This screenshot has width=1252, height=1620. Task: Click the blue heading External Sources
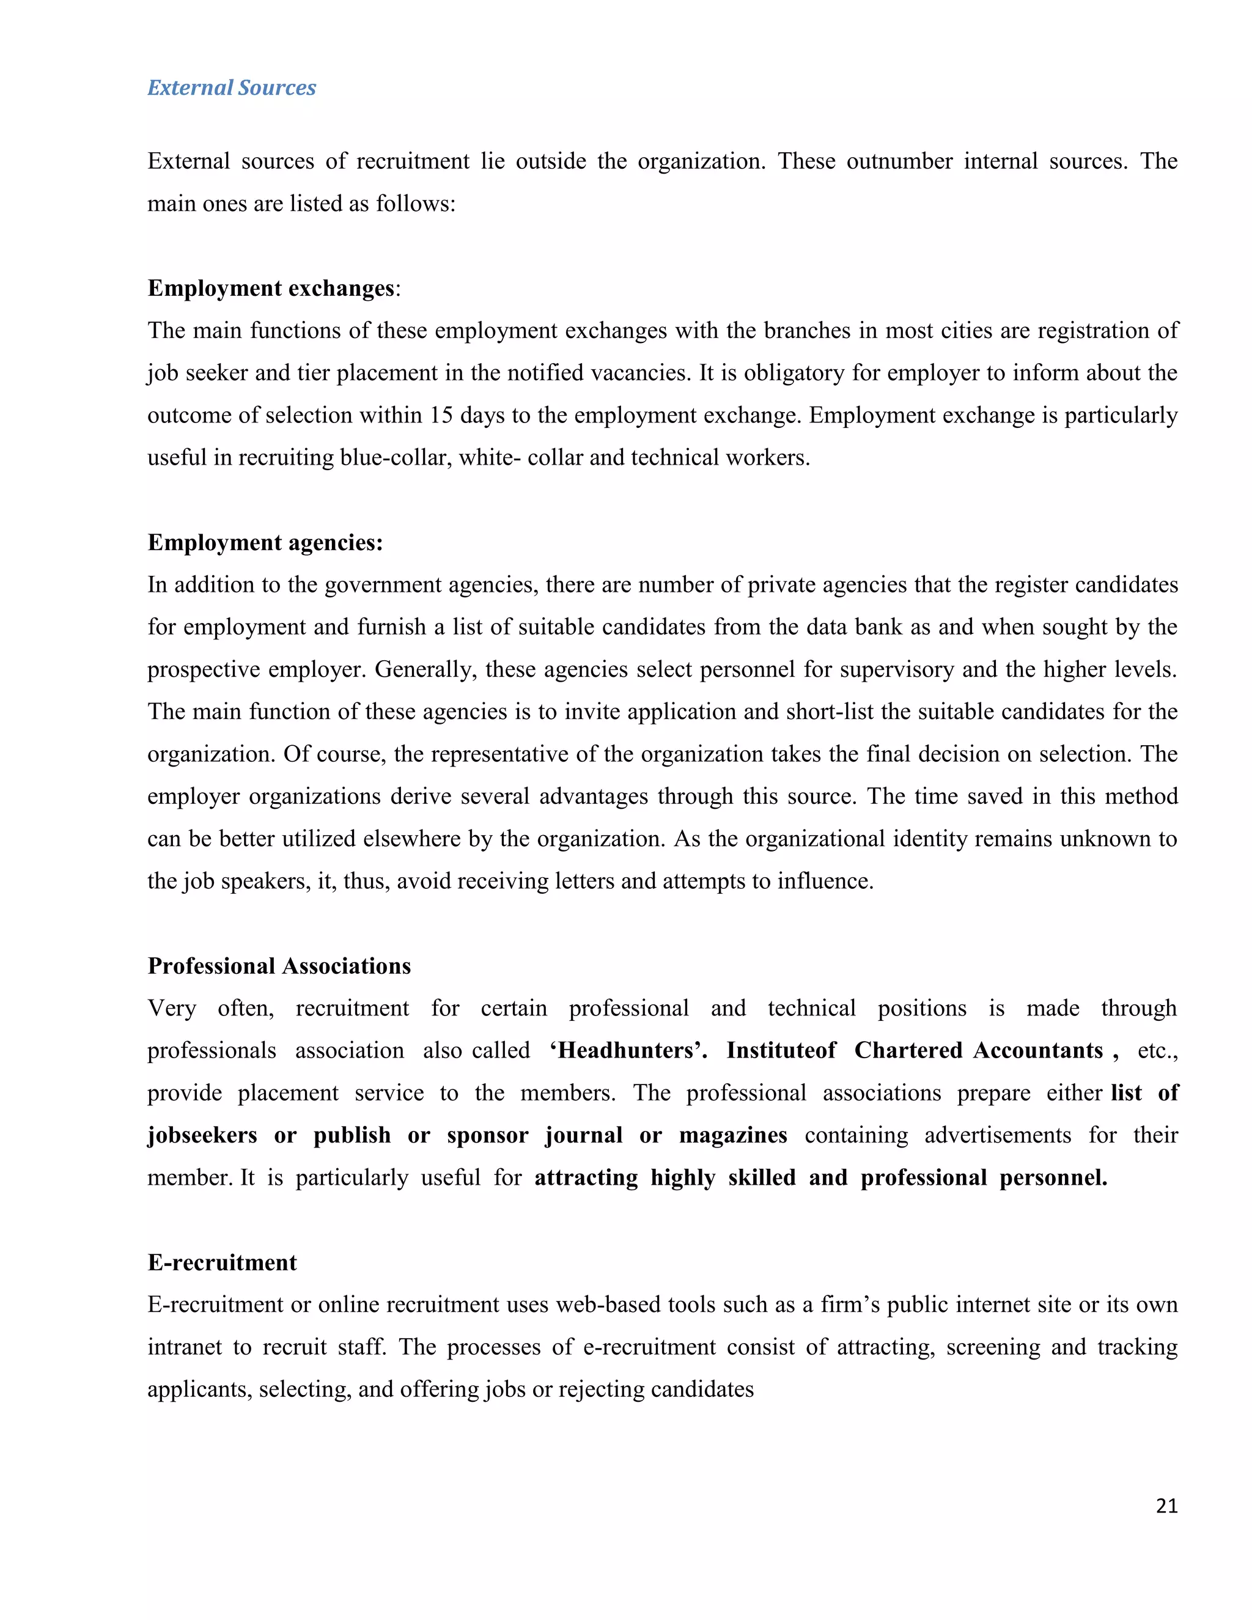(232, 87)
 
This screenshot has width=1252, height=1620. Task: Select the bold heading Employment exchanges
(271, 288)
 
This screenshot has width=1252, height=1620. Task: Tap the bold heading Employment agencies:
(265, 542)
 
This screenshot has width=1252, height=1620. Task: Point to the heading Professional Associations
(279, 966)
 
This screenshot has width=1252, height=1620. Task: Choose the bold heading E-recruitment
(222, 1262)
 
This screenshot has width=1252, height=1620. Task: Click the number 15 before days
(441, 414)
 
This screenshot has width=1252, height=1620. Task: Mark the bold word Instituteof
(781, 1050)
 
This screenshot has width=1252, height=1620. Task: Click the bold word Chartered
(908, 1050)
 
